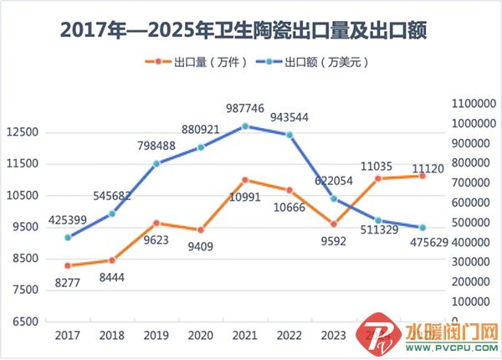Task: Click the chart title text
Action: click(x=250, y=30)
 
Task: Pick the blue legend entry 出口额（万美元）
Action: click(x=314, y=62)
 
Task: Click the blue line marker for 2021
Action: click(x=245, y=126)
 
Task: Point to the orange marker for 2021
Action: click(x=245, y=180)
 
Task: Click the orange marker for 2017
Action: click(x=67, y=265)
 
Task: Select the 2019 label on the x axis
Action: click(x=156, y=337)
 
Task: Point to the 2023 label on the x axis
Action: click(x=334, y=337)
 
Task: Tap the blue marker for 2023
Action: click(x=334, y=198)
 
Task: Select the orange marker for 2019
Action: click(x=156, y=224)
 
